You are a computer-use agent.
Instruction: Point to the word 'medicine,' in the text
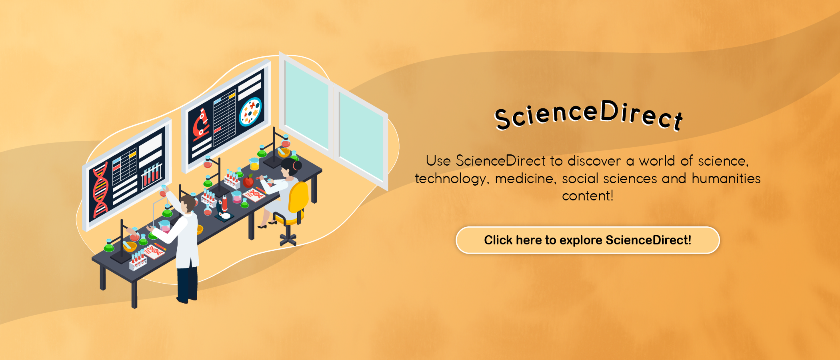[x=526, y=178]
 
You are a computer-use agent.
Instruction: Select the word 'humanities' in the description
[x=726, y=178]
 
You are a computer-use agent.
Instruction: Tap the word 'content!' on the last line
[x=588, y=196]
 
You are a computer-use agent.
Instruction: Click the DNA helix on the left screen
[x=100, y=190]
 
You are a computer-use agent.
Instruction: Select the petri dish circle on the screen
[x=250, y=112]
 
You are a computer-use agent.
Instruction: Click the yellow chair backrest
[x=298, y=198]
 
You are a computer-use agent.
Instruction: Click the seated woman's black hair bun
[x=297, y=165]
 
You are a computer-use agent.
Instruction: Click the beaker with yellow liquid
[x=254, y=164]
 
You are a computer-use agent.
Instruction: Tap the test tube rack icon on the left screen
[x=152, y=176]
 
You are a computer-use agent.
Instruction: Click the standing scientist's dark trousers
[x=187, y=284]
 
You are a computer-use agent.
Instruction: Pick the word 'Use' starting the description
[x=438, y=161]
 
